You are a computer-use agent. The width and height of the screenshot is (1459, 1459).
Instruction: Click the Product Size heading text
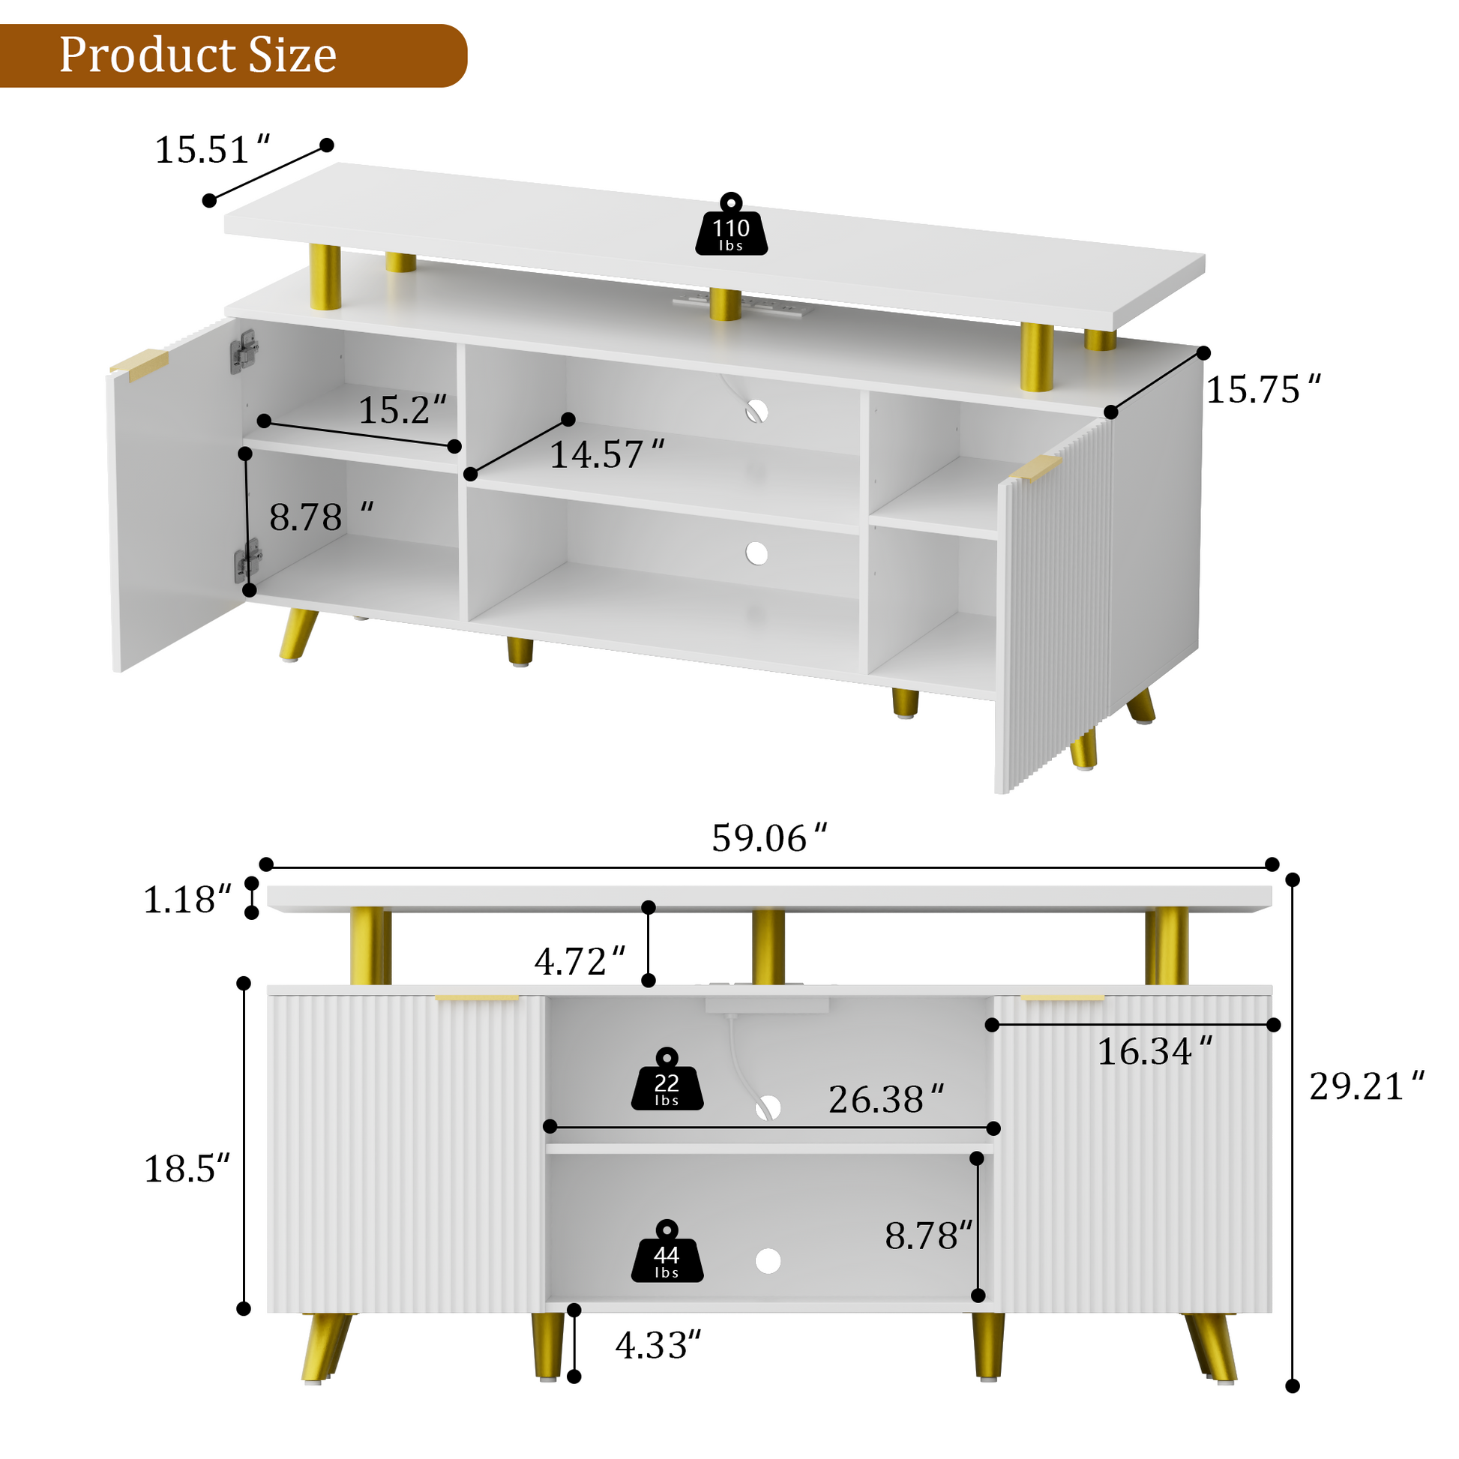pyautogui.click(x=198, y=55)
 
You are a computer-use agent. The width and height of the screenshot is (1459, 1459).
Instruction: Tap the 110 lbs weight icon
pyautogui.click(x=731, y=224)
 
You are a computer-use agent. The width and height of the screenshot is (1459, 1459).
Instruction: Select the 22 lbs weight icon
pyautogui.click(x=667, y=1079)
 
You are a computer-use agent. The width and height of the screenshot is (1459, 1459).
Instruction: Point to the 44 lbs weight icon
pyautogui.click(x=667, y=1251)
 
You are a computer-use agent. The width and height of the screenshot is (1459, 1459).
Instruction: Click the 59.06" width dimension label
pyautogui.click(x=769, y=838)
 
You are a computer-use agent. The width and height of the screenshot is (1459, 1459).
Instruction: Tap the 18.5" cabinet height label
pyautogui.click(x=187, y=1169)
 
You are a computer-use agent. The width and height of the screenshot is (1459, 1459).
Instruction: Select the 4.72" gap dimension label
pyautogui.click(x=580, y=961)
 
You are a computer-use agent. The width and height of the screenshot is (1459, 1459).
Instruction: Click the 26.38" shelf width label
pyautogui.click(x=887, y=1100)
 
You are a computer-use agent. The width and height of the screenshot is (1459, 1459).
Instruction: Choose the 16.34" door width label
pyautogui.click(x=1155, y=1051)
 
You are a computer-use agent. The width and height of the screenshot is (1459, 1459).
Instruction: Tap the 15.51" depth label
pyautogui.click(x=212, y=149)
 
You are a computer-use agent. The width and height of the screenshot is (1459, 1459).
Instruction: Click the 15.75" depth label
pyautogui.click(x=1263, y=390)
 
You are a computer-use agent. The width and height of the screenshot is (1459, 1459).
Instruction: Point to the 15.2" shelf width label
pyautogui.click(x=403, y=410)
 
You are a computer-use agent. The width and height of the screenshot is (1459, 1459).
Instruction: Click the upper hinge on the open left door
pyautogui.click(x=244, y=351)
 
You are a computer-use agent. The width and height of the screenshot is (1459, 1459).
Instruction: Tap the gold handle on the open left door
pyautogui.click(x=139, y=364)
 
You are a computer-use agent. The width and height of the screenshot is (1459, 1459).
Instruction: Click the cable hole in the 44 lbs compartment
pyautogui.click(x=768, y=1260)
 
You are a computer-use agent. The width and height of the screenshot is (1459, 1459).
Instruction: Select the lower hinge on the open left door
pyautogui.click(x=247, y=559)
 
